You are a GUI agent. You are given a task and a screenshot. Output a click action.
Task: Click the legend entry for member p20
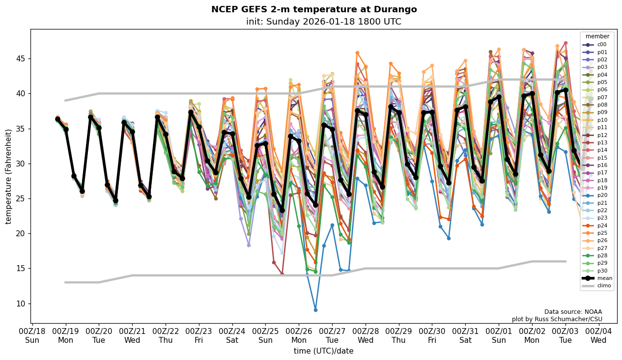601,195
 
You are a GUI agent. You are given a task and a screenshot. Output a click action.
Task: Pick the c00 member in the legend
601,44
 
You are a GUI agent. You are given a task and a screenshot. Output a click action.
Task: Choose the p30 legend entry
601,271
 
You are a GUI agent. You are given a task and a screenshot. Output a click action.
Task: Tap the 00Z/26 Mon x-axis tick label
299,336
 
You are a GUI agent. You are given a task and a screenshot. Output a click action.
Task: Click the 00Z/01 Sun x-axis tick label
499,336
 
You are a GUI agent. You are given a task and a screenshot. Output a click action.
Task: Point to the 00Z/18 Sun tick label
32,336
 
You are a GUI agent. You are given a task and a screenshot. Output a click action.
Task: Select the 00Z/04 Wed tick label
598,336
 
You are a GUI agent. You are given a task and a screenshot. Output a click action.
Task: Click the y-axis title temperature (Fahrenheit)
8,176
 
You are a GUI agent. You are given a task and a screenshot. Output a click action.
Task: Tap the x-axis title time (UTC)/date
323,351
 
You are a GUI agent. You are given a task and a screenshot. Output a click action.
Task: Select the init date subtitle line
323,22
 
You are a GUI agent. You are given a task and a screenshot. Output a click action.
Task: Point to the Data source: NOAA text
573,312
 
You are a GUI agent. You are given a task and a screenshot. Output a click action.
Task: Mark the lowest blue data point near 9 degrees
315,310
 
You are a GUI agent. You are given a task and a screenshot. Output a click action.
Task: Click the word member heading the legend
597,36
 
